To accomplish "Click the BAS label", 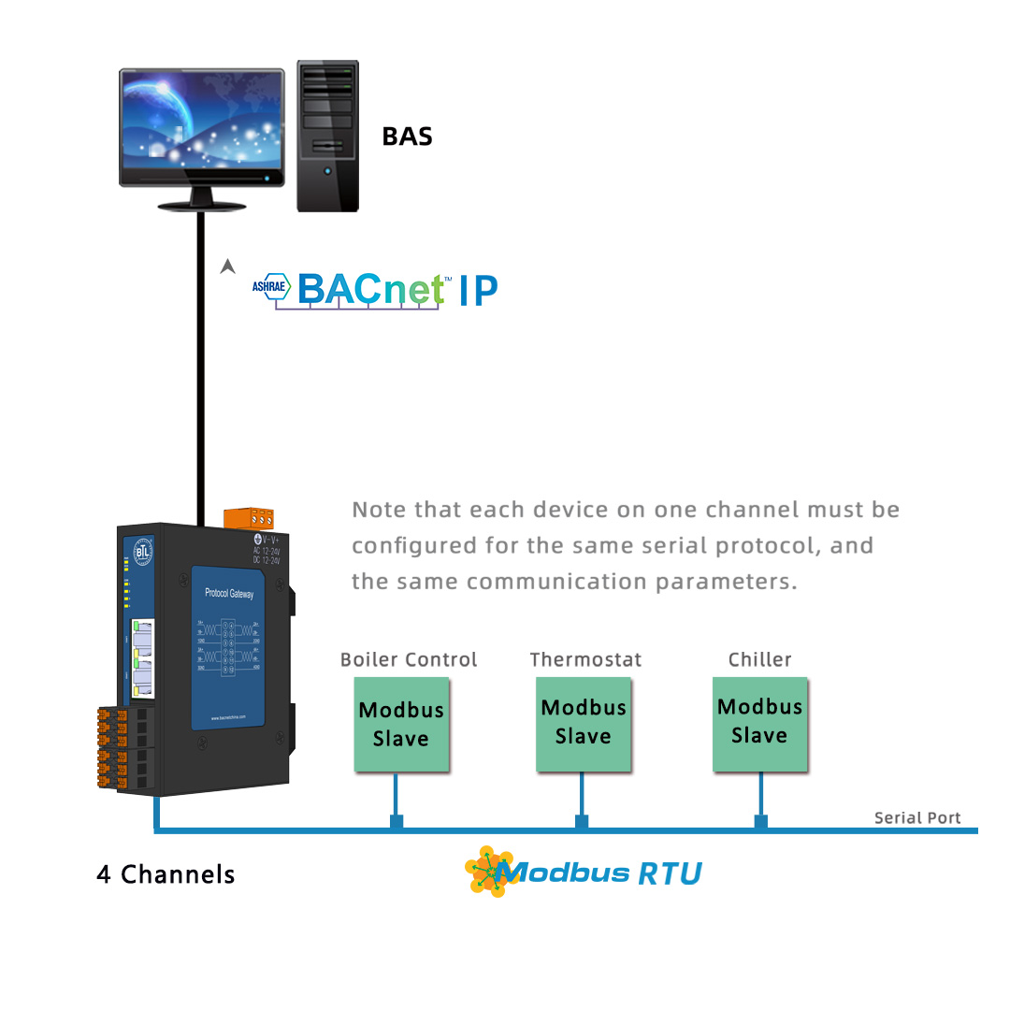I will [408, 137].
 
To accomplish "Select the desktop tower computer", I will [327, 136].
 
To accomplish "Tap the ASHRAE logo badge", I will [271, 287].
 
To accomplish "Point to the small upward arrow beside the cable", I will [226, 267].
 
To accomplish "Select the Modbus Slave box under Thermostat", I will [584, 723].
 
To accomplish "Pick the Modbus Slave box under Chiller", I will [759, 722].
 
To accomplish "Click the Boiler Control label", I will [409, 659].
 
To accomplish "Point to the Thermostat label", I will [585, 659].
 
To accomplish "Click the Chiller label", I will [759, 659].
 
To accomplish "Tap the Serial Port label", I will [916, 817].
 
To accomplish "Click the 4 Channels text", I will [166, 874].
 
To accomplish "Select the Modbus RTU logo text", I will [599, 873].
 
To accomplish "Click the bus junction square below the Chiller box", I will [761, 821].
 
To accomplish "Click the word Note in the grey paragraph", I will [379, 511].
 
